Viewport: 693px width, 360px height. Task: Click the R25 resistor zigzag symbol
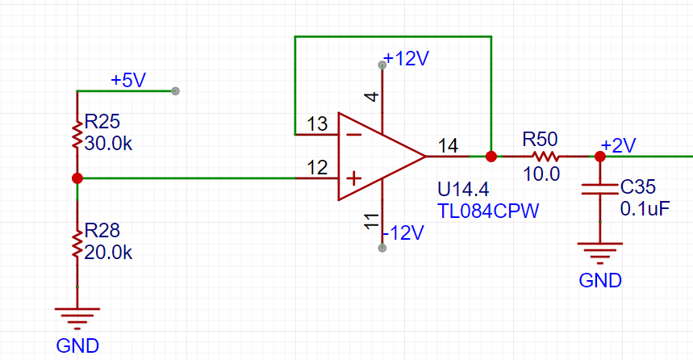(77, 136)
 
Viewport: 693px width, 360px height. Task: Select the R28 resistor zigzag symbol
(77, 245)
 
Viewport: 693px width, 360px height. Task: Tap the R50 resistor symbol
(545, 156)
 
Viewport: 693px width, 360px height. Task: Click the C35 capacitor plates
(599, 189)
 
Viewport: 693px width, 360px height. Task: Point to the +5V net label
(128, 80)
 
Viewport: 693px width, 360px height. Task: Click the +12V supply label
(406, 58)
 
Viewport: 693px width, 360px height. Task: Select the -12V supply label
(403, 232)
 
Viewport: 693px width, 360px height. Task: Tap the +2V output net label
(618, 145)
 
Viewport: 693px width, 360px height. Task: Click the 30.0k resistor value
(108, 144)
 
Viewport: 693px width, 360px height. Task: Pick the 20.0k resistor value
(108, 253)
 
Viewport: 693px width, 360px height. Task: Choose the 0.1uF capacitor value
(645, 209)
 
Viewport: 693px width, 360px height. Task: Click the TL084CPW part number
(488, 211)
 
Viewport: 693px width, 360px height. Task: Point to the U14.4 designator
(463, 190)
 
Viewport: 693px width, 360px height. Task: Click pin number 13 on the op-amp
(317, 123)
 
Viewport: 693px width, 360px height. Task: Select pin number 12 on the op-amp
(317, 168)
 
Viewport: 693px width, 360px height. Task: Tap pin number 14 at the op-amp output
(449, 146)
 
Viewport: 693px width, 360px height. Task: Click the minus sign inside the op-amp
(353, 135)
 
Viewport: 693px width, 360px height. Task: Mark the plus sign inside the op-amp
(353, 178)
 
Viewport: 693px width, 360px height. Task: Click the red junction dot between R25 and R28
(77, 178)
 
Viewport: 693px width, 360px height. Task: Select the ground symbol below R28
(77, 318)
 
